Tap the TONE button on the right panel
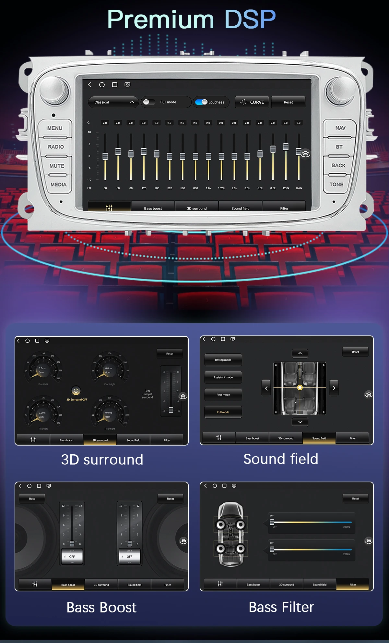(336, 184)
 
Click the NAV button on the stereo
(340, 128)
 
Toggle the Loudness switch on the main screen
(202, 102)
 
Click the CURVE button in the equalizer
(252, 102)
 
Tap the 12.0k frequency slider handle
(286, 147)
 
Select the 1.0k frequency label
(208, 188)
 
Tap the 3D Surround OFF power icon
(76, 391)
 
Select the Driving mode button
(223, 360)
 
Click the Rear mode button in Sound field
(223, 395)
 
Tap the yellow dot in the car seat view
(300, 387)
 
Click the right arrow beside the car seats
(334, 388)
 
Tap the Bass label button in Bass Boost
(32, 498)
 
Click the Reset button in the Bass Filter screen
(355, 498)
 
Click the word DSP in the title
(250, 19)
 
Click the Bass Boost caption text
(101, 607)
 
